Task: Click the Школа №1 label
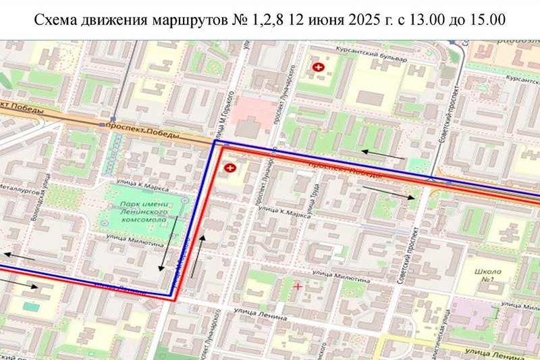coord(486,275)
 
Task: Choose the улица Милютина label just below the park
coord(134,238)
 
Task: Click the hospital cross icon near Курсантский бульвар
coord(317,68)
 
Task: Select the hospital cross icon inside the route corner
coord(230,166)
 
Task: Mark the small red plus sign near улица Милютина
coord(298,286)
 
